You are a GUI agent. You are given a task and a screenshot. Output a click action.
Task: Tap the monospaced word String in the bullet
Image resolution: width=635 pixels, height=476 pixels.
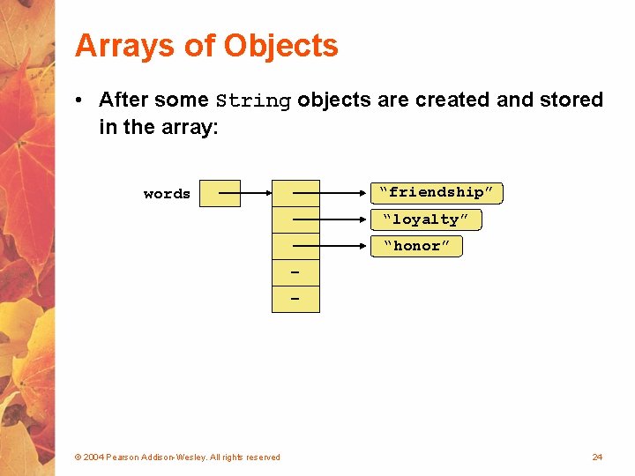[x=253, y=101]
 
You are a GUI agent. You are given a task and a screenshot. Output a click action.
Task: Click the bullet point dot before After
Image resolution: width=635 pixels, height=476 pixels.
[x=80, y=100]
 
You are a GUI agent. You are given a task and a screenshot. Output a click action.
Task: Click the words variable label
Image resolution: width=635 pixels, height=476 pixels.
[x=167, y=194]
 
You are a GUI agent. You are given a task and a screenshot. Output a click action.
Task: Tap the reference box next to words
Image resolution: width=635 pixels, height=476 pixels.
[x=220, y=193]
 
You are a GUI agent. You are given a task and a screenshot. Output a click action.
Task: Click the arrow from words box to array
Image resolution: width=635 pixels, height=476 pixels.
[x=256, y=192]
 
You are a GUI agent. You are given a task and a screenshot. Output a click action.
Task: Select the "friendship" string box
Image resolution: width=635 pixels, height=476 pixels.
[x=436, y=192]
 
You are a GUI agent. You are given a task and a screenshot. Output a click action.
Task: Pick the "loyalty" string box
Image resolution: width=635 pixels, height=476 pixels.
[x=425, y=219]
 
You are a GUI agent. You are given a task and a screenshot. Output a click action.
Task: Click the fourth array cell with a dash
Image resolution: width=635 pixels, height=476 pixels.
[x=295, y=272]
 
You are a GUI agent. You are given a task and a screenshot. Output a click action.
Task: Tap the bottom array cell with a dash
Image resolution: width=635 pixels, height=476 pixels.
[x=295, y=300]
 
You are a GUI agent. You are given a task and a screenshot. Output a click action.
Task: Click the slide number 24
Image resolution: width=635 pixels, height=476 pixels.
[x=597, y=457]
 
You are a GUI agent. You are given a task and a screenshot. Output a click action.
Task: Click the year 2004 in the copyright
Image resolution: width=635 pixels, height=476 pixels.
[x=93, y=457]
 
